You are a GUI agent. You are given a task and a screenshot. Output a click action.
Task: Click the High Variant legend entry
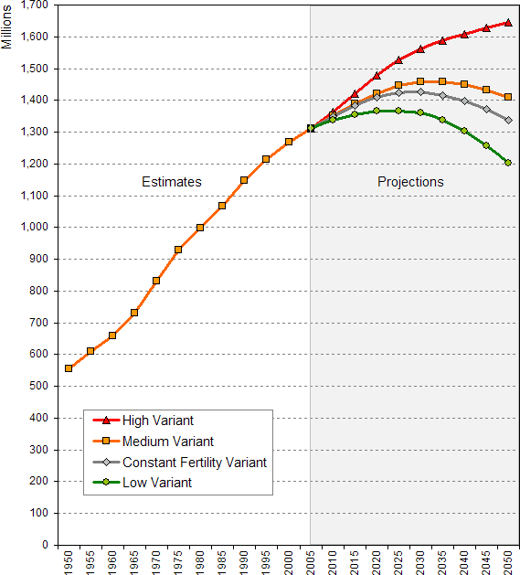158,421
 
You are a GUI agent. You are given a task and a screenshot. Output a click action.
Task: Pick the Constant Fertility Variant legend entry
194,463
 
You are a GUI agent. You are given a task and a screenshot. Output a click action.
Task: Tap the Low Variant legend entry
156,483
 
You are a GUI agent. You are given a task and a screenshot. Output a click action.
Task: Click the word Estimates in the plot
172,182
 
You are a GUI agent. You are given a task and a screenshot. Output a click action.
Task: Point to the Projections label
410,182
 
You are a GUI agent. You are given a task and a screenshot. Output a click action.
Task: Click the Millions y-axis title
8,27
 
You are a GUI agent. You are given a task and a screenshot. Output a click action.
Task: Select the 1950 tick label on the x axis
69,560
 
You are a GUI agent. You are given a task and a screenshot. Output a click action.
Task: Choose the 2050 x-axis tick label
508,560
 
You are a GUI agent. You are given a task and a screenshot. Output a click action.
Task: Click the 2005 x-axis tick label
311,560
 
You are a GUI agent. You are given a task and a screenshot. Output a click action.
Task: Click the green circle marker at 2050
508,163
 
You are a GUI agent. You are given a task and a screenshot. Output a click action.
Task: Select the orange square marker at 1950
69,368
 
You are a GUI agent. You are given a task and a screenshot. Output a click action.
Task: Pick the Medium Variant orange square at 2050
508,97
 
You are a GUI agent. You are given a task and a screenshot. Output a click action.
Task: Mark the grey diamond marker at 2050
508,120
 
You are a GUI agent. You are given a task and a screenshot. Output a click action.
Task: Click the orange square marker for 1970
156,281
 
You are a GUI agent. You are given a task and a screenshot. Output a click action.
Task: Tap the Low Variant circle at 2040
464,131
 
